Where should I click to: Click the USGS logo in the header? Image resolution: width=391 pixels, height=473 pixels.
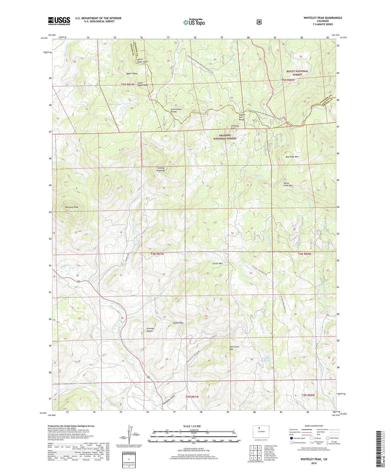click(x=59, y=21)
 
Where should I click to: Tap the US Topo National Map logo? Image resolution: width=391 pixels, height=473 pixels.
click(x=194, y=22)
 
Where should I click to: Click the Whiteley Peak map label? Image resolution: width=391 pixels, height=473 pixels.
click(x=71, y=207)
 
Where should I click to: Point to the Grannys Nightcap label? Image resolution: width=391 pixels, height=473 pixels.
click(x=161, y=169)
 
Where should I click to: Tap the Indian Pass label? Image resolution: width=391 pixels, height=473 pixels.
click(x=178, y=323)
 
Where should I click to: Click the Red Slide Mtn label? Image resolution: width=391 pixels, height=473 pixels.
click(x=292, y=157)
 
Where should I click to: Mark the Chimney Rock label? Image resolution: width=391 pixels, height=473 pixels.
click(x=235, y=127)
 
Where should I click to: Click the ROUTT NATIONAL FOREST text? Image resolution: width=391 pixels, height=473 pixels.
click(x=297, y=73)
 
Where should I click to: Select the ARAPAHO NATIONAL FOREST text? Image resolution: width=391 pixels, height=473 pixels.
click(x=225, y=137)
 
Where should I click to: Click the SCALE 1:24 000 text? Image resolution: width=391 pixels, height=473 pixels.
click(x=192, y=426)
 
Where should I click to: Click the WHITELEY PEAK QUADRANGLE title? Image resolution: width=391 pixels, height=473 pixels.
click(x=323, y=18)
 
